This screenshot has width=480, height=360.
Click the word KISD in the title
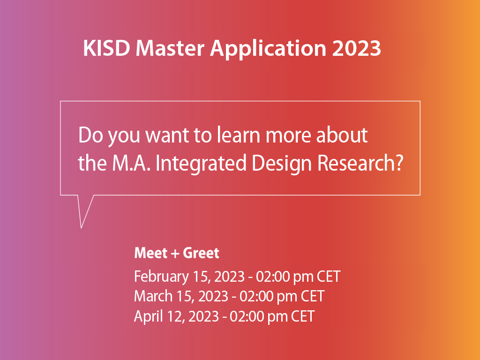click(106, 48)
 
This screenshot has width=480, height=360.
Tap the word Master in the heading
click(170, 48)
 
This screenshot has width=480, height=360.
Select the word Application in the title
click(268, 49)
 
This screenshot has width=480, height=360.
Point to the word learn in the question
click(238, 135)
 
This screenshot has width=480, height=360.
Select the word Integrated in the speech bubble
click(201, 164)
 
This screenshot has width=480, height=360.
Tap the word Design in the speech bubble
click(282, 164)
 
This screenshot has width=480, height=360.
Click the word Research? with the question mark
click(360, 163)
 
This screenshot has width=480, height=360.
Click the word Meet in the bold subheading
click(151, 253)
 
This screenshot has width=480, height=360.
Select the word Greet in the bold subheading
click(201, 253)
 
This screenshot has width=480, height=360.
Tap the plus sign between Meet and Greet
click(175, 254)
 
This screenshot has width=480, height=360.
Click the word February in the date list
click(161, 277)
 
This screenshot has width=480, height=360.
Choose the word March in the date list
click(153, 296)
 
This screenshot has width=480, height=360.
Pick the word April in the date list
click(149, 316)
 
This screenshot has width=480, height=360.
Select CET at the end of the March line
click(313, 296)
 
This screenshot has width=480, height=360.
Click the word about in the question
click(342, 135)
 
